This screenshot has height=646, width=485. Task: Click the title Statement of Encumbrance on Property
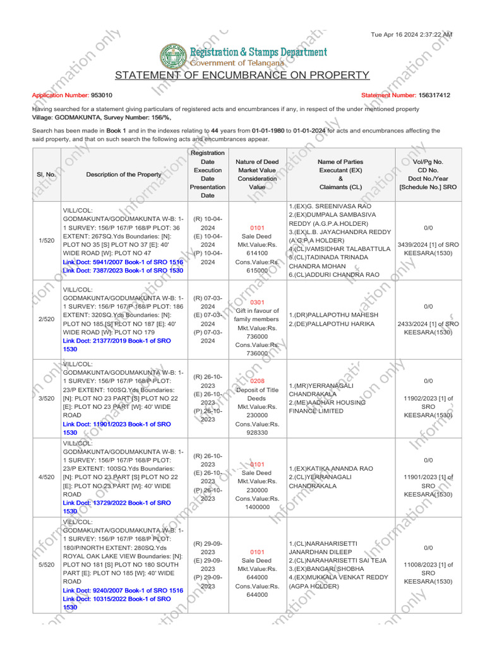coord(242,76)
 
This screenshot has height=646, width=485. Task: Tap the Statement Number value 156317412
coord(434,95)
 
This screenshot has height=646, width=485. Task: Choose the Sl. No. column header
coord(46,174)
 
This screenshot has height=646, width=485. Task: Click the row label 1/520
coord(46,240)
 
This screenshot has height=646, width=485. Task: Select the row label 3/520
coord(46,398)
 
